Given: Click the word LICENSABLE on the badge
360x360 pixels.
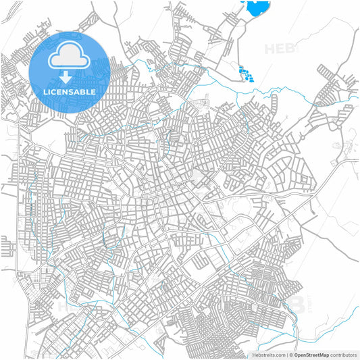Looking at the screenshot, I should click(70, 91).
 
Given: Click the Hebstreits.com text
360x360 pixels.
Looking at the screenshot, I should click(265, 355).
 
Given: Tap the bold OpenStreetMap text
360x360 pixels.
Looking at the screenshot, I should click(311, 355).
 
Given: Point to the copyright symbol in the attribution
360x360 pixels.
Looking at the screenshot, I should click(290, 355).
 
